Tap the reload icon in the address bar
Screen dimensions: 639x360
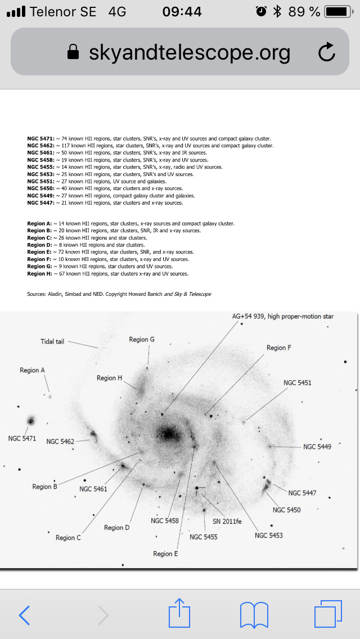click(326, 52)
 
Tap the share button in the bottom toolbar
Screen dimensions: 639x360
click(180, 613)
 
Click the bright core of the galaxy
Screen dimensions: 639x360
click(168, 434)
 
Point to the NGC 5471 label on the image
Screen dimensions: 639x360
click(22, 438)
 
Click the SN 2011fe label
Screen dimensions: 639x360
click(227, 521)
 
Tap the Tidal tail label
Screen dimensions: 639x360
click(52, 341)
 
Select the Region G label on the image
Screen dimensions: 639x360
click(142, 339)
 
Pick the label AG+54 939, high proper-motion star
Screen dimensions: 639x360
click(283, 316)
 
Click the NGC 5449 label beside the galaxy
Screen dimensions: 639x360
click(317, 447)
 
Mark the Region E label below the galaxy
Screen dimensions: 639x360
click(165, 553)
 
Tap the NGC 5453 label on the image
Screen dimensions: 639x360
click(269, 535)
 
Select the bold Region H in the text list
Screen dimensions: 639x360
click(39, 274)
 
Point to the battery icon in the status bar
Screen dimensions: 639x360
click(338, 11)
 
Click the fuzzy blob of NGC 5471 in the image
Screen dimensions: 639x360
click(30, 420)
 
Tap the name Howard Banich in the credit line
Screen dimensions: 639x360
click(150, 294)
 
